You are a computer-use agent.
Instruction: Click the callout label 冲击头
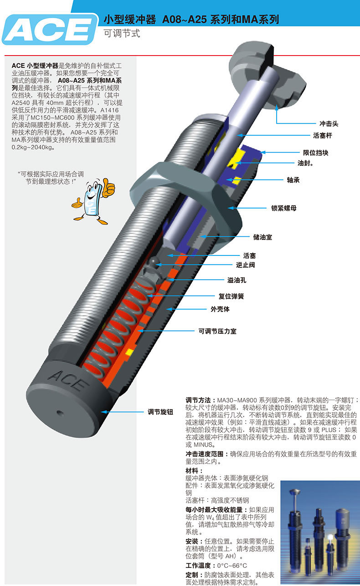coord(329,123)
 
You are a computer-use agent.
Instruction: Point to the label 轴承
coord(293,180)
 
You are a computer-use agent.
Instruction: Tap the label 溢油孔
coord(237,280)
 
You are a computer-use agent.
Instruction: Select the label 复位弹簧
coord(231,296)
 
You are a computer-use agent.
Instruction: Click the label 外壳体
coord(220,309)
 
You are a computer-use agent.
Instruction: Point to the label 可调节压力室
coord(217,331)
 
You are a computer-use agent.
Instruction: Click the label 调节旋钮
coord(160,412)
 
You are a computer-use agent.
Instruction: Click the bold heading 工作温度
coord(200,565)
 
